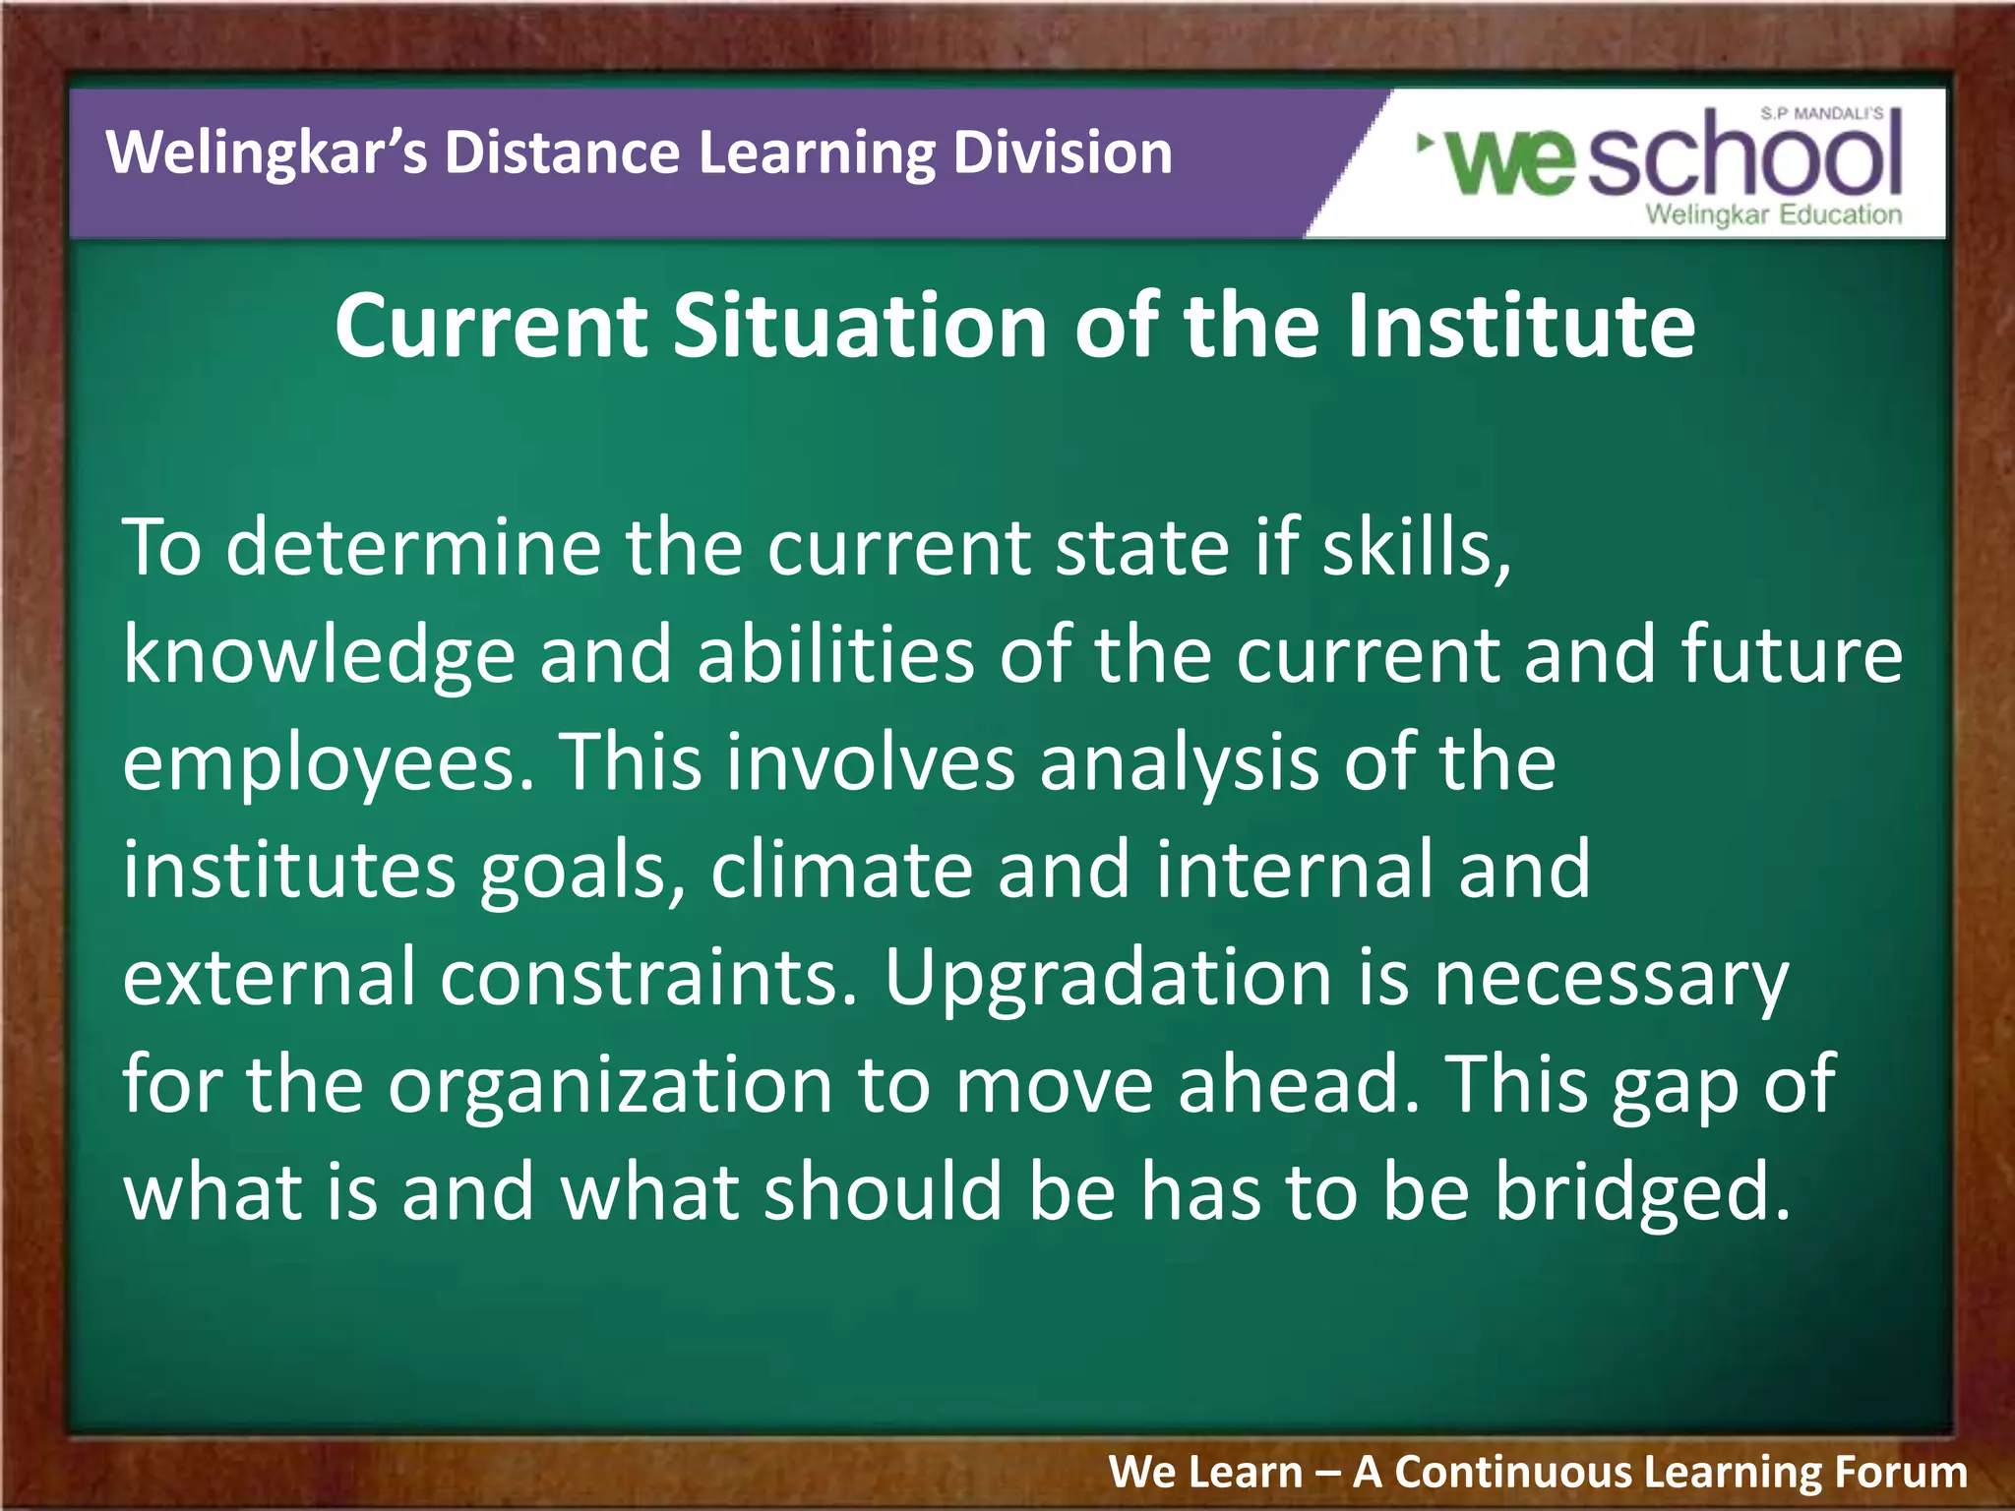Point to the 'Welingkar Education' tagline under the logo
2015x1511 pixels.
(x=1773, y=214)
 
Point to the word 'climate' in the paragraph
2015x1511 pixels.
(x=841, y=870)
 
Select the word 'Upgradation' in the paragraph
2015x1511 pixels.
(x=1108, y=978)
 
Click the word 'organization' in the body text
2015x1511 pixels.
(x=610, y=1086)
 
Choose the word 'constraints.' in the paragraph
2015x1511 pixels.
(x=648, y=978)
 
